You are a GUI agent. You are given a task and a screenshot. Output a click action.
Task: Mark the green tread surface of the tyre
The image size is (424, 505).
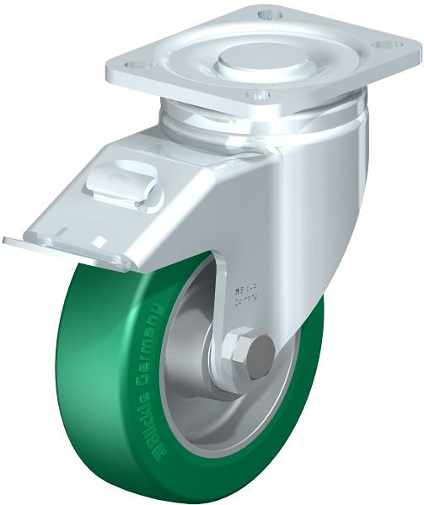pos(93,379)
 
